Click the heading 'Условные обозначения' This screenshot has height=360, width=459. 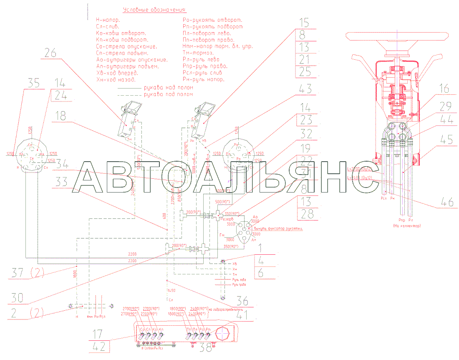(154, 10)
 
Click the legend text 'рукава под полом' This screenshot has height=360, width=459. (168, 94)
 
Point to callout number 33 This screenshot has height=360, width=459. (61, 182)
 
